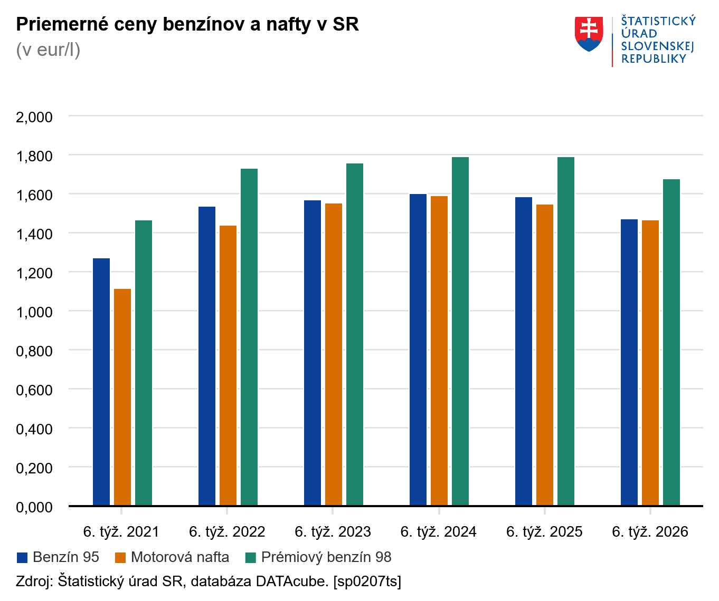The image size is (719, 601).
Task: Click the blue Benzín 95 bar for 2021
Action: click(101, 382)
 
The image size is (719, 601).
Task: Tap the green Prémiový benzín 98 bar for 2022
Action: click(249, 337)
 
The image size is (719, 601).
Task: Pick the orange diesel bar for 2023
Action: click(334, 354)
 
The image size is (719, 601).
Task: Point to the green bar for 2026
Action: click(671, 342)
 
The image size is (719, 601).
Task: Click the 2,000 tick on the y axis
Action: click(34, 117)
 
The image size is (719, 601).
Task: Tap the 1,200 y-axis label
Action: click(34, 273)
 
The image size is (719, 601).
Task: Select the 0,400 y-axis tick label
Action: click(34, 429)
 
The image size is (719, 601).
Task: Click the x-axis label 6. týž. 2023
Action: click(333, 532)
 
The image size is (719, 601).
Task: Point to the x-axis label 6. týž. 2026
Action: click(650, 532)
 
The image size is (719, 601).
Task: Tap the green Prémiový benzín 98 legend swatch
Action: click(250, 558)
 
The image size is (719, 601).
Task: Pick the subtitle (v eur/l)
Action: click(48, 50)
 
